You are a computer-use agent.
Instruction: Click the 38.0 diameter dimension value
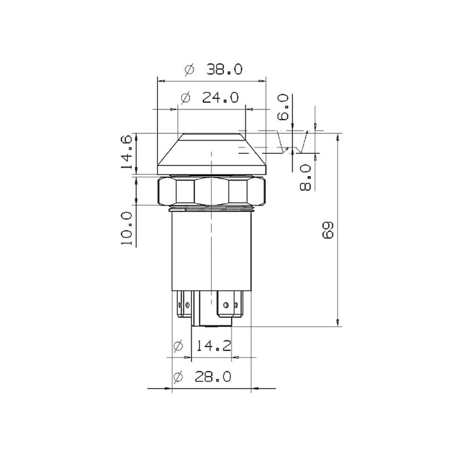[224, 69]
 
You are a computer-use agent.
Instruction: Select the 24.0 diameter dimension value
[220, 97]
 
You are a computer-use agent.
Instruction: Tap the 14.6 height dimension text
[127, 152]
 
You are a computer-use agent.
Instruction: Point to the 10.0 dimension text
[127, 229]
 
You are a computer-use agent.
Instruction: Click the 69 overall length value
[328, 230]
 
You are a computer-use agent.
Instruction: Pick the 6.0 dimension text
[283, 107]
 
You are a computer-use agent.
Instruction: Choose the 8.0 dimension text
[306, 177]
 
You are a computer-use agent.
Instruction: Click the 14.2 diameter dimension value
[214, 345]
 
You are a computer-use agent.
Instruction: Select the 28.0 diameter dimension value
[213, 377]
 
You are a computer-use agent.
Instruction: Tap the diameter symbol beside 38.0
[189, 70]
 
